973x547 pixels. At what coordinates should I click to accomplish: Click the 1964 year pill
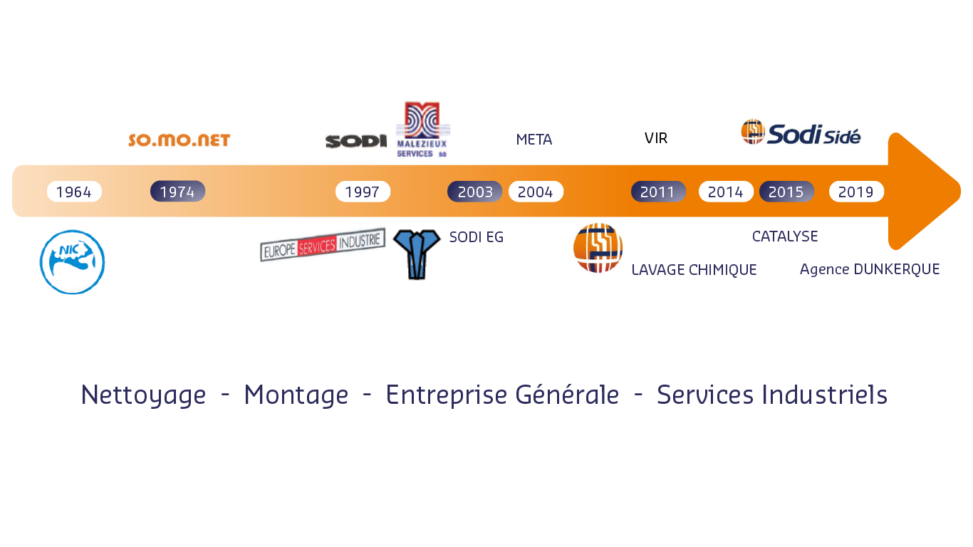[74, 192]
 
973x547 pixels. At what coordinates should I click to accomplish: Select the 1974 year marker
[177, 192]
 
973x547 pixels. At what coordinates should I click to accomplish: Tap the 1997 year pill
[363, 192]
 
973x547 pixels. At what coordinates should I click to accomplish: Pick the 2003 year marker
[475, 192]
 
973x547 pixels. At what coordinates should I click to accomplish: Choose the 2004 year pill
[536, 192]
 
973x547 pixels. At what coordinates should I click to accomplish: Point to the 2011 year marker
[658, 192]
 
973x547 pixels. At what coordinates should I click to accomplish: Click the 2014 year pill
[726, 192]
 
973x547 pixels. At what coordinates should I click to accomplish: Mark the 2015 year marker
[786, 192]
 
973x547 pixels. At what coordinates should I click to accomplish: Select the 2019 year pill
[856, 192]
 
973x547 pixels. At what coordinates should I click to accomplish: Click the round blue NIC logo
[72, 262]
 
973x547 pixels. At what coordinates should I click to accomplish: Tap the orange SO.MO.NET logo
[179, 140]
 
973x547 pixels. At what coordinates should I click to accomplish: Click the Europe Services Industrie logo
[323, 244]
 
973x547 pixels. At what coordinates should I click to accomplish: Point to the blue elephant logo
[417, 254]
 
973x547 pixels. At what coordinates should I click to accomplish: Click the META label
[534, 140]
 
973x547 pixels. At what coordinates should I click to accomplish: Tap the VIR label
[656, 138]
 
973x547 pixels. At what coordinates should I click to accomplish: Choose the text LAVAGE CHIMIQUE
[694, 270]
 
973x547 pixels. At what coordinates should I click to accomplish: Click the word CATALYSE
[785, 236]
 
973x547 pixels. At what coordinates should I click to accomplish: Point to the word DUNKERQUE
[896, 269]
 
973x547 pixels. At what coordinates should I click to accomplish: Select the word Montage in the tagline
[296, 395]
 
